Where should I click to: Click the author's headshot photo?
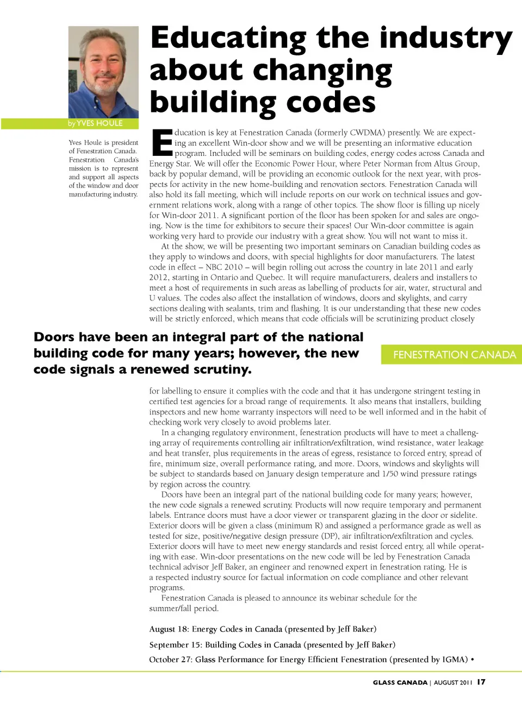103,72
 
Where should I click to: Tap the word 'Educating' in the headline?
228,38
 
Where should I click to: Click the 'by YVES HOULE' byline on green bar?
95,123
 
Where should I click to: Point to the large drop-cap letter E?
161,143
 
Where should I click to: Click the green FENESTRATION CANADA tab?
454,355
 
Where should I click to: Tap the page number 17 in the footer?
481,682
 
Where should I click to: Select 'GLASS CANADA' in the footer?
400,682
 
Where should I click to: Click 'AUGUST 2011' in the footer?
452,682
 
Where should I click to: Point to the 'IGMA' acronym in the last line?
455,660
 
